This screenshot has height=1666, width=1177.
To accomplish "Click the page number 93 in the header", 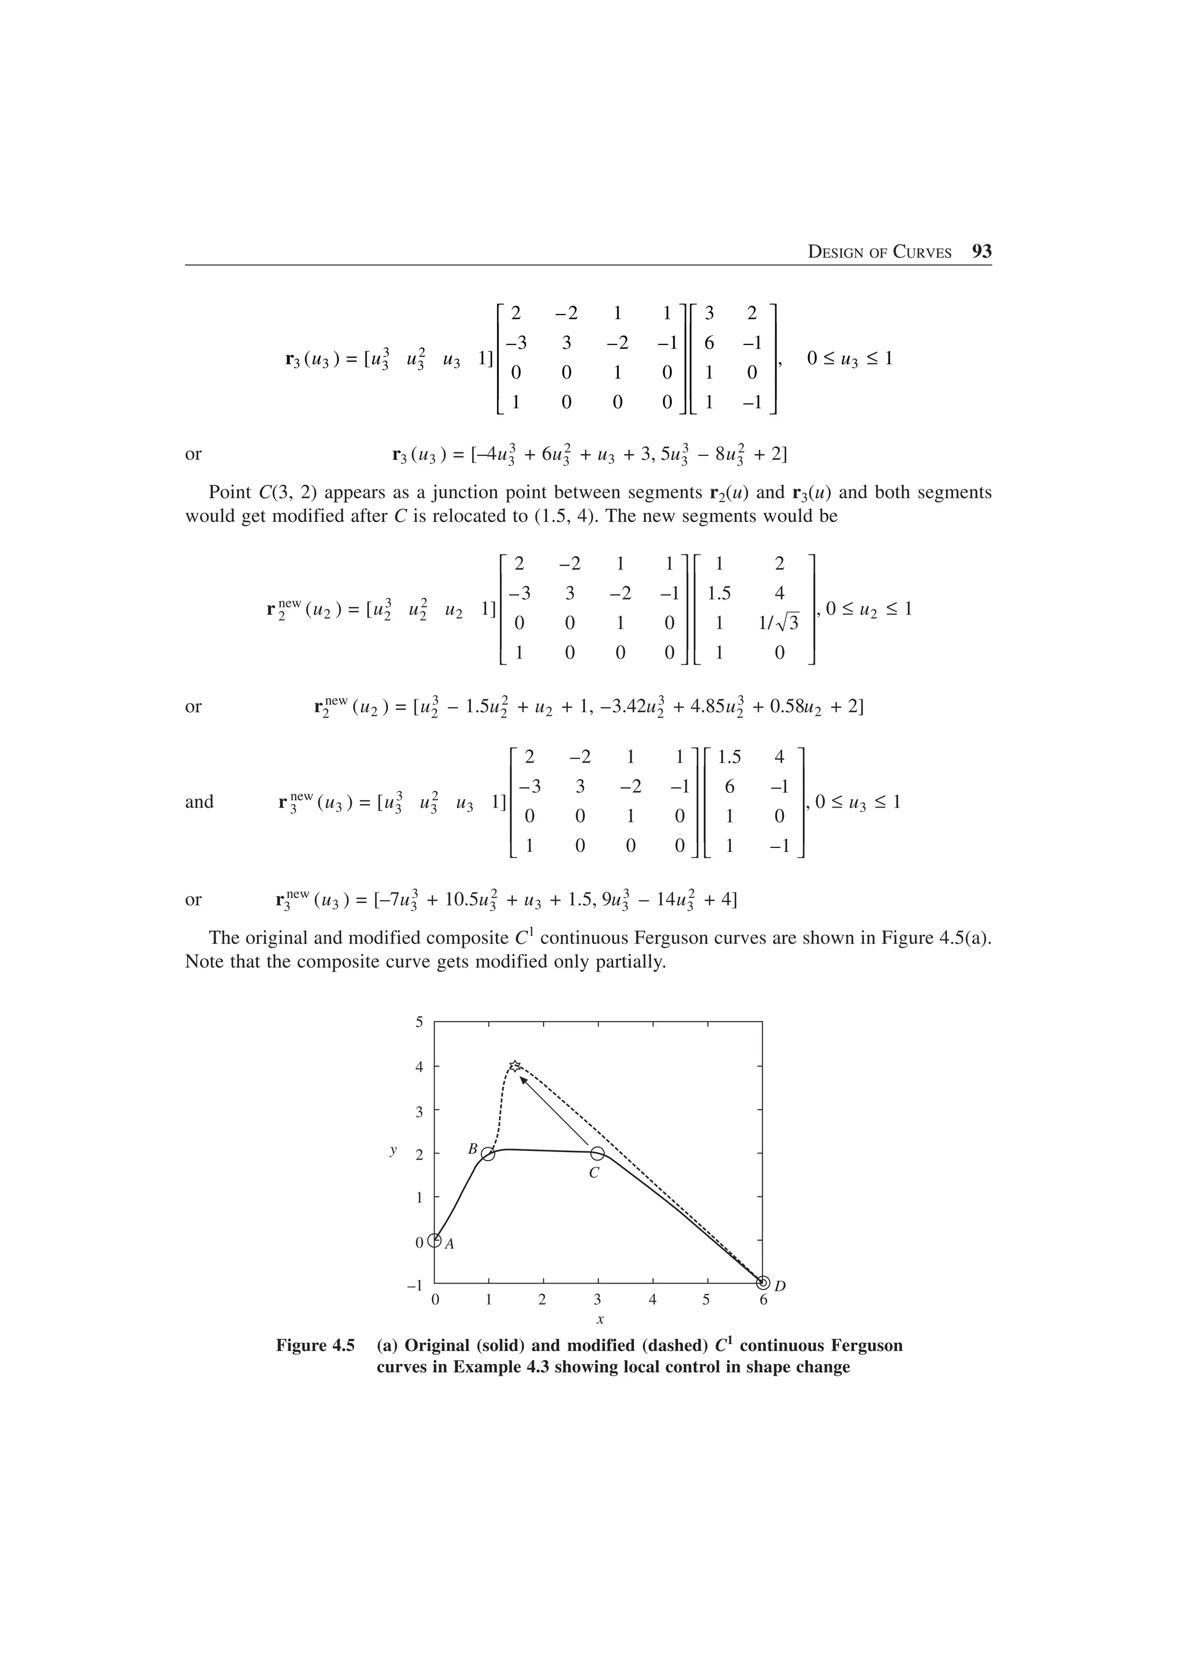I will (981, 252).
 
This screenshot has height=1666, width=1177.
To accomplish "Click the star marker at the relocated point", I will (514, 1065).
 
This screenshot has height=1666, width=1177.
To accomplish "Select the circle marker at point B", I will (488, 1154).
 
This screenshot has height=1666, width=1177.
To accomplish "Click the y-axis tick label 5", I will (418, 1022).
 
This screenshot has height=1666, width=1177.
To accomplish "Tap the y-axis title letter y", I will (393, 1149).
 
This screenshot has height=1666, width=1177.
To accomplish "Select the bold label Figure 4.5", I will (315, 1346).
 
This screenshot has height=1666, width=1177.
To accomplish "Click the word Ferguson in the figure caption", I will (866, 1346).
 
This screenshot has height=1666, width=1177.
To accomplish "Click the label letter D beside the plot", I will (780, 1287).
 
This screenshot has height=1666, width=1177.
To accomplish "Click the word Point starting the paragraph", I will (230, 493).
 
